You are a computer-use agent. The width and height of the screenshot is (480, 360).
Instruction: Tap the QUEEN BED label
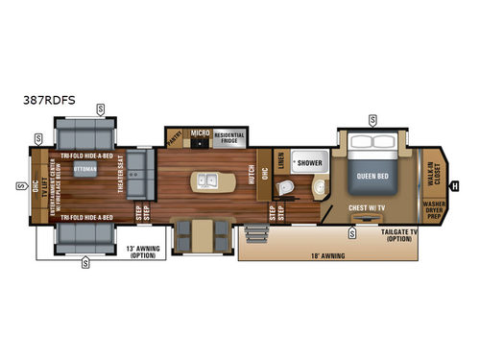pyautogui.click(x=371, y=176)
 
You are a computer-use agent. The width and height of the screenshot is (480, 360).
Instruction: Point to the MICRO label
pyautogui.click(x=200, y=132)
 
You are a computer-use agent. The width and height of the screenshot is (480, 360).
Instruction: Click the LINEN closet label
pyautogui.click(x=280, y=163)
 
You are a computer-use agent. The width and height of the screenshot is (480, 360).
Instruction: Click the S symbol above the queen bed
pyautogui.click(x=372, y=120)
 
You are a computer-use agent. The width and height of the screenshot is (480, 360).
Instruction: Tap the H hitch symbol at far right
pyautogui.click(x=454, y=185)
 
